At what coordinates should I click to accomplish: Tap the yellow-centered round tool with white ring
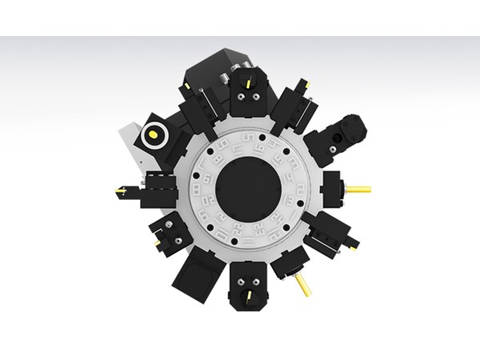click(x=152, y=137)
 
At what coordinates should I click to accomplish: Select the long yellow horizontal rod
click(x=358, y=190)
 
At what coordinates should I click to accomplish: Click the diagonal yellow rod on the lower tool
click(x=303, y=285)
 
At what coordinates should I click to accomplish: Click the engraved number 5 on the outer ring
click(x=248, y=138)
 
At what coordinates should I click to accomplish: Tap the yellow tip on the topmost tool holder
click(x=249, y=82)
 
